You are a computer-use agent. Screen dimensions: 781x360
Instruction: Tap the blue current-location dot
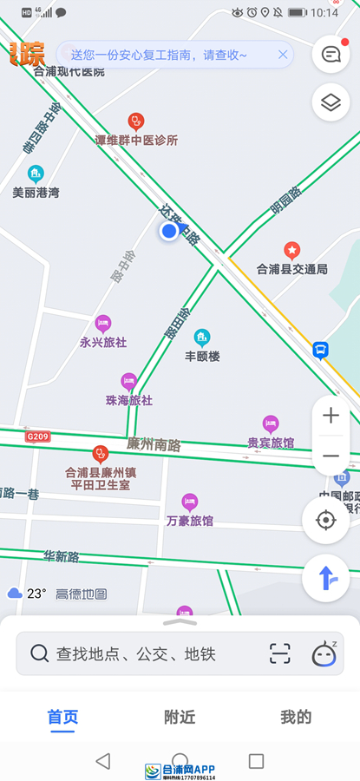click(x=169, y=231)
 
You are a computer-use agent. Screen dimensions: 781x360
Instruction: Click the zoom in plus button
click(x=331, y=416)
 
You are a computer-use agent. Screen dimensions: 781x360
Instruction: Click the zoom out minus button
click(x=331, y=456)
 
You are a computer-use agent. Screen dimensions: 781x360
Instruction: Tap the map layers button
click(x=331, y=103)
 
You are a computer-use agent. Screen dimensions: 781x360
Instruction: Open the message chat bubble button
click(x=331, y=55)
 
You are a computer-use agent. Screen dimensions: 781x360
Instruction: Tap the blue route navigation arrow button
click(x=326, y=577)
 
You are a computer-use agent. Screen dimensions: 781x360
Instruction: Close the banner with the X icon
click(x=283, y=55)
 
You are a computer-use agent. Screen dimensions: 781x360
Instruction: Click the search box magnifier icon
click(x=39, y=653)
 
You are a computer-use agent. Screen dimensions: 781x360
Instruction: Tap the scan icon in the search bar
click(x=279, y=653)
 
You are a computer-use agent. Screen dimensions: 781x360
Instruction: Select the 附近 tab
click(x=180, y=717)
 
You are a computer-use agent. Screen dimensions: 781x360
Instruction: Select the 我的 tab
click(x=296, y=717)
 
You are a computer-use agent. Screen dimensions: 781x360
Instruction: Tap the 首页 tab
click(x=62, y=717)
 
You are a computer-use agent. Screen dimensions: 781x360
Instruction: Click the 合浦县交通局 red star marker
click(x=292, y=250)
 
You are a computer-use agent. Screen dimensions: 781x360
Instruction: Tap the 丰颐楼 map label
click(x=202, y=356)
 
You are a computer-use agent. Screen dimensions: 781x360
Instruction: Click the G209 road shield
click(x=38, y=436)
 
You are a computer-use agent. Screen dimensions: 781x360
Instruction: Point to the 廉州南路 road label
click(x=154, y=444)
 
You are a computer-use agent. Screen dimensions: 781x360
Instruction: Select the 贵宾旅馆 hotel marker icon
click(x=271, y=423)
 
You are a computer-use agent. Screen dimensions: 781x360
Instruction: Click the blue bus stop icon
click(x=321, y=350)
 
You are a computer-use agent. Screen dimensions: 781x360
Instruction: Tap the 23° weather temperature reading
click(x=36, y=594)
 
